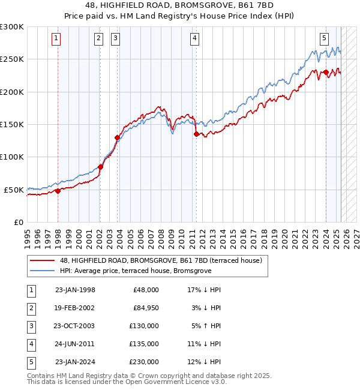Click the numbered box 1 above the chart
56,38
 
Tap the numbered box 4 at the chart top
195,38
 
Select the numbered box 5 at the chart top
324,38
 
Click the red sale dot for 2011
196,134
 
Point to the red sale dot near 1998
58,191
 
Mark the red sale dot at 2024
326,73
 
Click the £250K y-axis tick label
12,59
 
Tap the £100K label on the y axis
12,157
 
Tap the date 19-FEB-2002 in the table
75,308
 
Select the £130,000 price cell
144,326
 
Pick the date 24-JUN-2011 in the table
75,344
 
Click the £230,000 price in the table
144,362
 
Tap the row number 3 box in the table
30,326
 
